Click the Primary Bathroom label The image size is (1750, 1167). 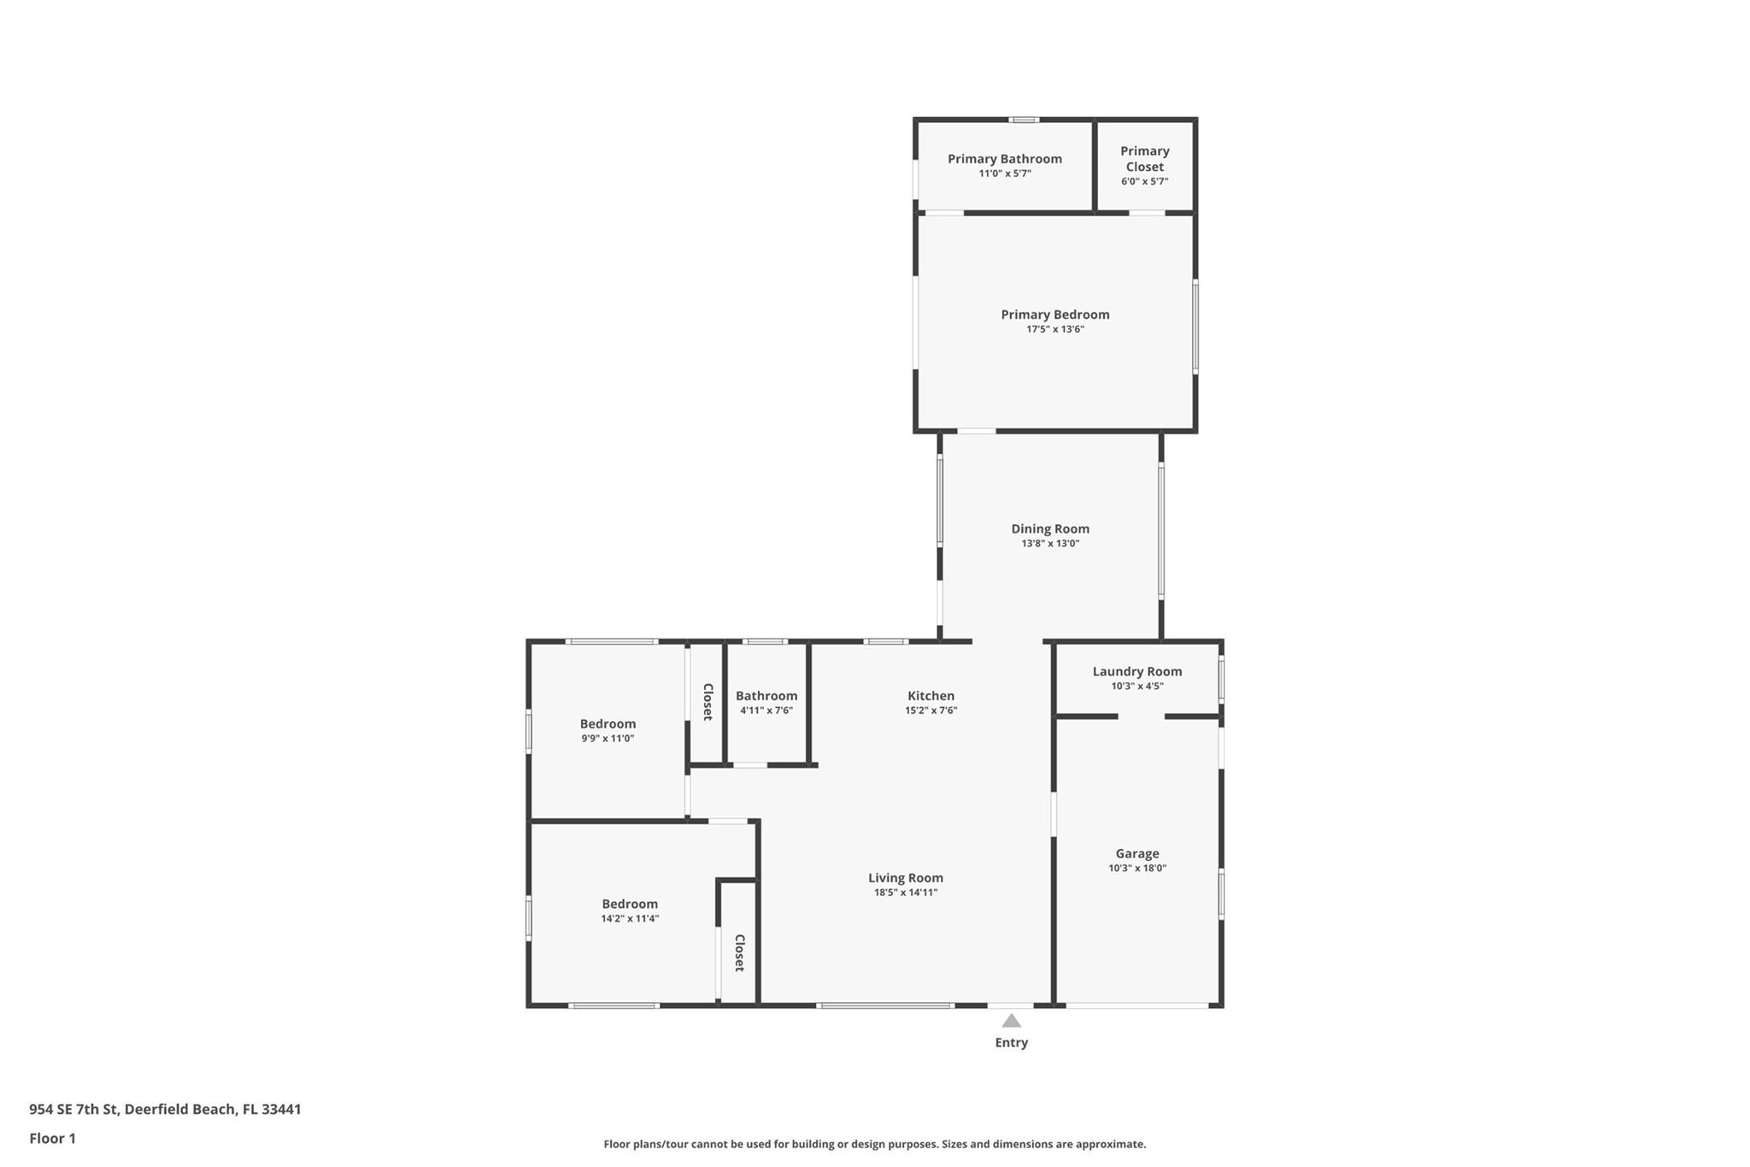click(1004, 159)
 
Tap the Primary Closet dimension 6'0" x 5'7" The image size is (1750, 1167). click(1144, 181)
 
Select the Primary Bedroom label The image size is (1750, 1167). click(1054, 315)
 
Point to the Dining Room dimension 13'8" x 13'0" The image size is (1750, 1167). click(1050, 544)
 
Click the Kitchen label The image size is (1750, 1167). click(931, 696)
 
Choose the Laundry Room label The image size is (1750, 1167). click(1136, 672)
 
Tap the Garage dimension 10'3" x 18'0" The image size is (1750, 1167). click(1136, 868)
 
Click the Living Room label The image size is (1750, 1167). click(905, 878)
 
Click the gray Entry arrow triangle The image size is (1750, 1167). click(1011, 1021)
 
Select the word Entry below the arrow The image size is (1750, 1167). click(1011, 1042)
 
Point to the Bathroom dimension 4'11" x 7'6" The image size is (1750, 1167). click(766, 710)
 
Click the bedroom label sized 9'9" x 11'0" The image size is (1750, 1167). click(608, 724)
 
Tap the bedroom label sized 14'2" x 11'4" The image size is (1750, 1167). click(630, 904)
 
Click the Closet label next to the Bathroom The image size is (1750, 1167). click(708, 702)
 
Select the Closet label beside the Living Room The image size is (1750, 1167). click(740, 952)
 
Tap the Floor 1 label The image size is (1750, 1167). click(52, 1138)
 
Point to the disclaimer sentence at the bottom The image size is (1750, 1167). click(874, 1144)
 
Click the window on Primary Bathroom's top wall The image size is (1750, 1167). click(1024, 120)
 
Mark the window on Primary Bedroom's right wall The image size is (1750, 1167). click(1195, 326)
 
